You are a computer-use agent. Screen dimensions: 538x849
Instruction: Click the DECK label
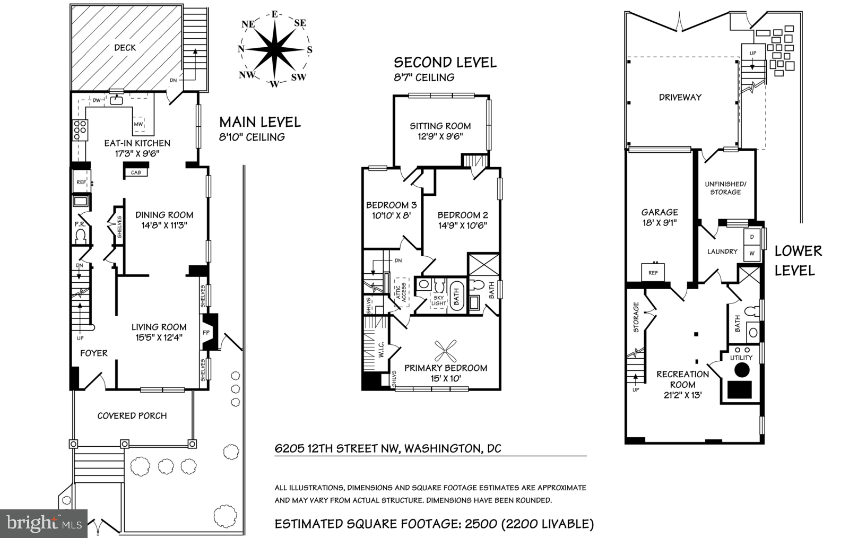tap(125, 48)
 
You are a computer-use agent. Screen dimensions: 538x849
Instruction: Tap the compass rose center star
tap(274, 49)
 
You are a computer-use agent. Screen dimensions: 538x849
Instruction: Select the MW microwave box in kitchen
tap(138, 125)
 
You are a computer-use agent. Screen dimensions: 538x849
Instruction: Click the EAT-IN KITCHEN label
tap(137, 143)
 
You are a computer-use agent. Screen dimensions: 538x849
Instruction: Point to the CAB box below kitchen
tap(136, 172)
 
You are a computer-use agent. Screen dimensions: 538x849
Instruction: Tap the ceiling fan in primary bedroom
tap(446, 350)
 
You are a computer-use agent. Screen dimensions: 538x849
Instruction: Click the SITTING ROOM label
tap(440, 126)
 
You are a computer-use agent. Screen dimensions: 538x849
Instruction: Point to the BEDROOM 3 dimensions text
tap(391, 216)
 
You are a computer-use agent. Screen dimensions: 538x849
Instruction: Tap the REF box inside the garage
tap(653, 272)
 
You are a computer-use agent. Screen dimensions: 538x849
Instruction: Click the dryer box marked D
tap(752, 237)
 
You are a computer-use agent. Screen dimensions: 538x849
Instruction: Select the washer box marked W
tap(752, 254)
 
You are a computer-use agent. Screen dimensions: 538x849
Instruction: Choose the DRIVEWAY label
tap(680, 98)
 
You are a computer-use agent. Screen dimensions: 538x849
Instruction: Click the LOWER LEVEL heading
tap(798, 261)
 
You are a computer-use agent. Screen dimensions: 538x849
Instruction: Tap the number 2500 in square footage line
tap(480, 524)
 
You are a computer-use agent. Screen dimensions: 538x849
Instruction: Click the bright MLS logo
tap(44, 524)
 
